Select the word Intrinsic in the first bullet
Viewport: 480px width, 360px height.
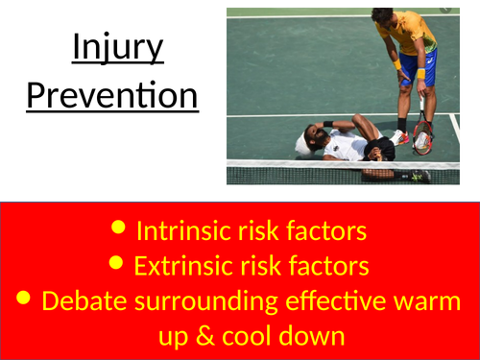pos(180,230)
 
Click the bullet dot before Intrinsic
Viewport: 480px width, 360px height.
pos(118,229)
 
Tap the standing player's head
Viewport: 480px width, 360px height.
pos(384,18)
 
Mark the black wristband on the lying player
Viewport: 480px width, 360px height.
pos(328,124)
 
